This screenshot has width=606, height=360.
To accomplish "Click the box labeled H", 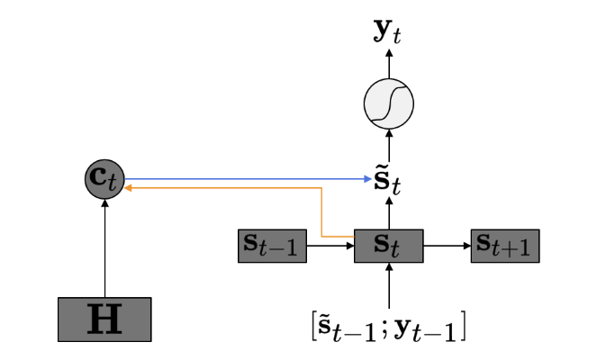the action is point(104,319).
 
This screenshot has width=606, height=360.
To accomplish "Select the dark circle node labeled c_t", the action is point(104,179).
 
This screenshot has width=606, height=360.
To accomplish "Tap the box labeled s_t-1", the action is point(273,246).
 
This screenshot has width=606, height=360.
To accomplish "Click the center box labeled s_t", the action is point(389,246).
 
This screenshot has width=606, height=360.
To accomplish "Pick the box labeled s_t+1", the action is point(505,246).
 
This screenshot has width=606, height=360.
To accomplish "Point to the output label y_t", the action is point(387,31).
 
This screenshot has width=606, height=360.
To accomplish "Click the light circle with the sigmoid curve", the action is point(389,103).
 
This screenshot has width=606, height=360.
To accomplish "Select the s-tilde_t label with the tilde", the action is point(387,183).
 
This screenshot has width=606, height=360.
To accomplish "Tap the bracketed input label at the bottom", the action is point(388,328).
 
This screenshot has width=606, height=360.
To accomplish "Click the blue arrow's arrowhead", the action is point(368,179).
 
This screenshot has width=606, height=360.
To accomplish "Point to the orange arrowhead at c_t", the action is point(128,188).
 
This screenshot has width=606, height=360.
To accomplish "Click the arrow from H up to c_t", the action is point(104,248).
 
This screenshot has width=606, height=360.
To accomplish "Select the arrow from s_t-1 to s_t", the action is point(330,246).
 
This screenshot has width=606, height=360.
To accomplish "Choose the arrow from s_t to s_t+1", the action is point(448,246).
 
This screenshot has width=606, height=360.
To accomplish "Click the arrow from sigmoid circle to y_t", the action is point(389,64).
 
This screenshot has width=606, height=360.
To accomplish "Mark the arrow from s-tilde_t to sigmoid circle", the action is point(389,145).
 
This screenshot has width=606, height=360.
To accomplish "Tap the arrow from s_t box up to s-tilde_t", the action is point(389,213).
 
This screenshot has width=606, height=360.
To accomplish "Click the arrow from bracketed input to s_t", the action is point(389,286).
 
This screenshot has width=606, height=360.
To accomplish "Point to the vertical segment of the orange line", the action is point(321,212).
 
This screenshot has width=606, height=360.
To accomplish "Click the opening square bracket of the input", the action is point(313,326).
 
